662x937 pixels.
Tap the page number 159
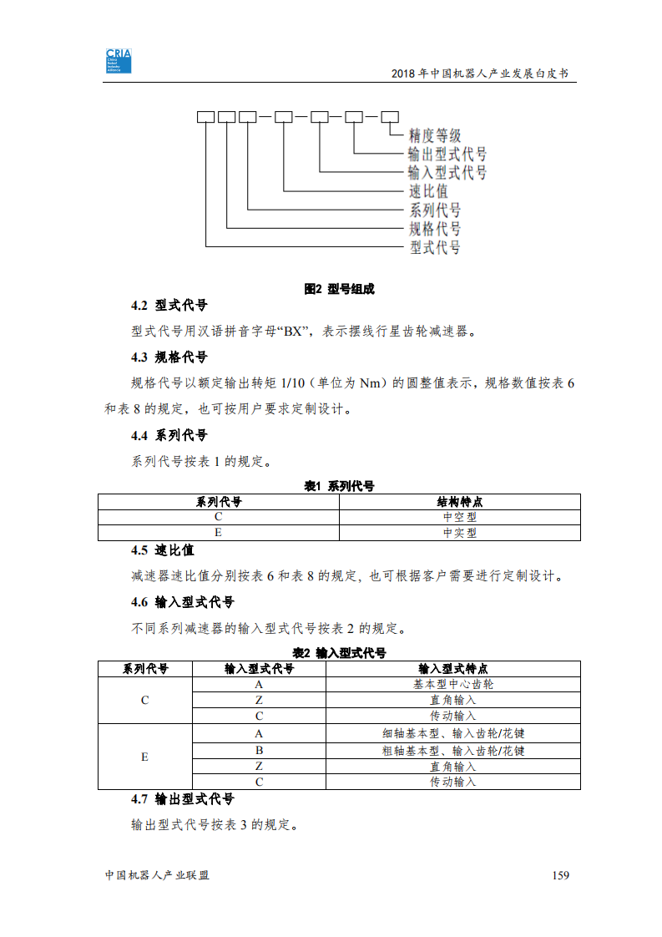pos(560,875)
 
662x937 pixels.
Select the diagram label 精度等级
pos(434,135)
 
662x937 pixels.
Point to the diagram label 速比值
pos(427,191)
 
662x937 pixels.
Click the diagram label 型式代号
pos(434,247)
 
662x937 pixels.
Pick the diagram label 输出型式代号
pos(447,154)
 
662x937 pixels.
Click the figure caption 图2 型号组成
pos(339,289)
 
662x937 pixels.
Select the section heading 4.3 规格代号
pos(169,357)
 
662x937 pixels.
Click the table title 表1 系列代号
pos(339,486)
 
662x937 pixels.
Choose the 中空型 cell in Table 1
pos(459,517)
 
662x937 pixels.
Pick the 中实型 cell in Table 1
pos(459,533)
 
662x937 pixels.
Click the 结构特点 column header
pos(459,502)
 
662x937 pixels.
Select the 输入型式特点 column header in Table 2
pos(452,669)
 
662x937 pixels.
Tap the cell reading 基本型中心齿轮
pos(452,684)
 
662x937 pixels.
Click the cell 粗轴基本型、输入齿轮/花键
pos(452,750)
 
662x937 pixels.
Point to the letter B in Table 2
pos(259,750)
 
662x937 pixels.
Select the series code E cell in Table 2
pos(144,757)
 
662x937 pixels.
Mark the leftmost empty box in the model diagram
pos(205,117)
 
